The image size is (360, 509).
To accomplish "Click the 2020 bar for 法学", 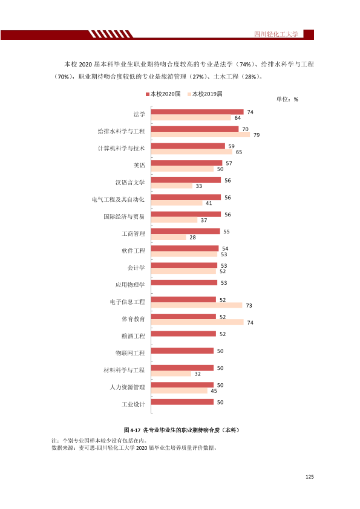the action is tap(197, 112).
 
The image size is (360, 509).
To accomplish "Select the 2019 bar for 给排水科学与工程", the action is tap(200, 134).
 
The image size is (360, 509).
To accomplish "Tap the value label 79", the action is tap(257, 135).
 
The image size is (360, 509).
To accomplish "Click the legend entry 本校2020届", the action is tap(163, 94).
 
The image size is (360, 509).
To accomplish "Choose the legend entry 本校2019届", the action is tap(205, 94).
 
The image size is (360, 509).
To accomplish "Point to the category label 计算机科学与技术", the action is tap(121, 148).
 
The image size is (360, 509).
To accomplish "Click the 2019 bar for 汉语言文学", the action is tap(172, 186).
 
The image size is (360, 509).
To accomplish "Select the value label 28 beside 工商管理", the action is tap(192, 238).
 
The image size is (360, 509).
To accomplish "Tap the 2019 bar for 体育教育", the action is tap(197, 322).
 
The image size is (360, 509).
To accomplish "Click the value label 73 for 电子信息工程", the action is tap(249, 305).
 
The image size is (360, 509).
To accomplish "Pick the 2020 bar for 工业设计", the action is tap(182, 402).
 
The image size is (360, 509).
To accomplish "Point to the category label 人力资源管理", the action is tap(128, 387).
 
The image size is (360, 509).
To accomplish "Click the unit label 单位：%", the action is tap(287, 99).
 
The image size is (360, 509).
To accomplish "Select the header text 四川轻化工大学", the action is tap(276, 34).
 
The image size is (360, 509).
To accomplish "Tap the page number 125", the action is tap(310, 477).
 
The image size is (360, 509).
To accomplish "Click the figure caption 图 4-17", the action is tap(132, 430).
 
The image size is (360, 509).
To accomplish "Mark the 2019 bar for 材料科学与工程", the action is tap(171, 374).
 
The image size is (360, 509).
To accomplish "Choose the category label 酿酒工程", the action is tap(133, 336).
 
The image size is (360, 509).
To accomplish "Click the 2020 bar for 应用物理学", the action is tap(184, 282).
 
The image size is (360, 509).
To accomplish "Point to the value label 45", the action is tap(214, 391).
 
